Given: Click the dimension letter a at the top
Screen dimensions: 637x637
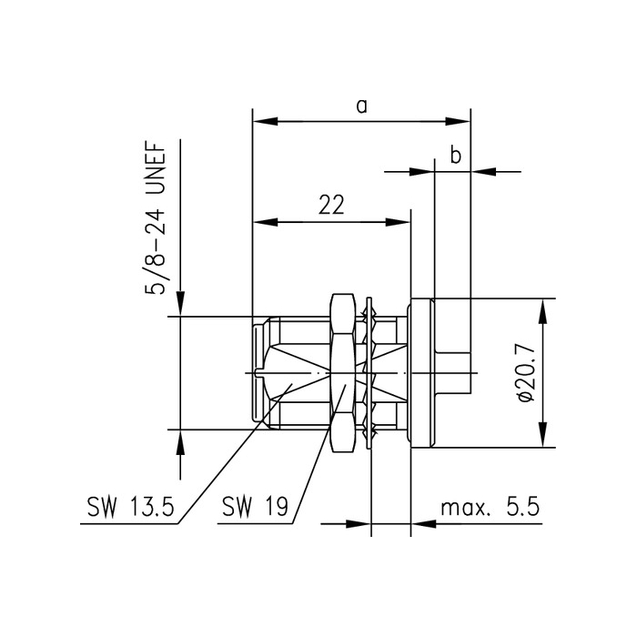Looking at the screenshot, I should point(361,106).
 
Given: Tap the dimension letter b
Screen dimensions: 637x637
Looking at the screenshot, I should point(456,156).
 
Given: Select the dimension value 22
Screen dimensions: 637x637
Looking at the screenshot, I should point(331,206).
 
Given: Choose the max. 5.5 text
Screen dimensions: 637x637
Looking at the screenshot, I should point(489,508).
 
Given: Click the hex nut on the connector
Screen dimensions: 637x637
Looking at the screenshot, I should point(341,373).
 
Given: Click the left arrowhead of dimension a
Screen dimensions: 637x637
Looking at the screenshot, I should point(260,121).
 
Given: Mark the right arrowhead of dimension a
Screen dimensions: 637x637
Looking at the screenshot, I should point(461,121).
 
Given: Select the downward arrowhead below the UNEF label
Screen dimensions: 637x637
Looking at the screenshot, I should point(180,306).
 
